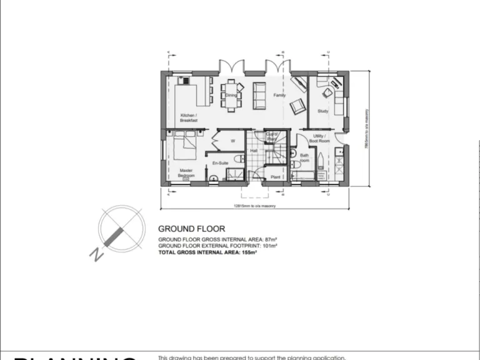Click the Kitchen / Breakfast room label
[189, 117]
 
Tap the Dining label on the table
[231, 95]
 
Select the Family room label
[279, 95]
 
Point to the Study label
[322, 111]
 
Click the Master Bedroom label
[186, 173]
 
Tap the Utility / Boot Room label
[321, 138]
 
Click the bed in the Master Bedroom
[185, 144]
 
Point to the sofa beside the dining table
[259, 94]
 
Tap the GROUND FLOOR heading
[191, 229]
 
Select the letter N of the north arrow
[96, 254]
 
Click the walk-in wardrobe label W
[232, 141]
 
